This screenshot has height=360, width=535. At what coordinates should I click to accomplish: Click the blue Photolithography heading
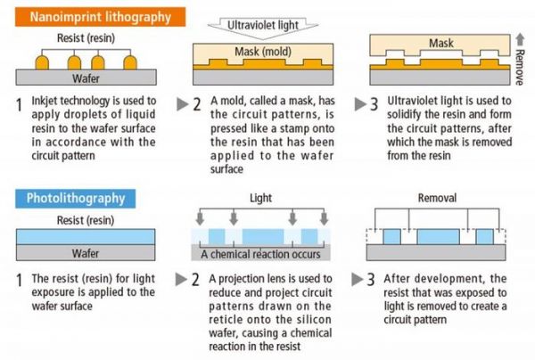pyautogui.click(x=76, y=198)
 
